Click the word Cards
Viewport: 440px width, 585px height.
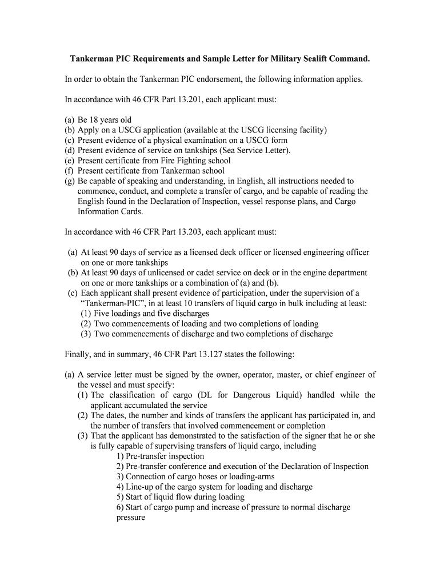127,211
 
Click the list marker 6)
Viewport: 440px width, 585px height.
120,507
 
